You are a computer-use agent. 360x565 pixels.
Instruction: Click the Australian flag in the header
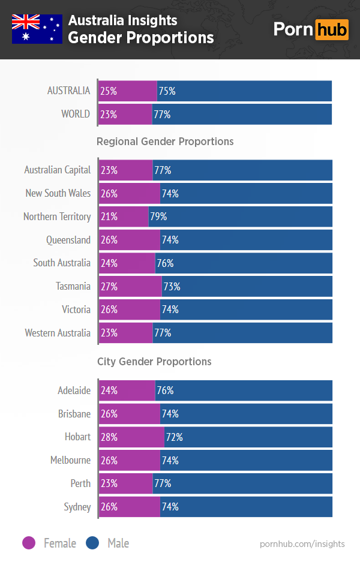[37, 29]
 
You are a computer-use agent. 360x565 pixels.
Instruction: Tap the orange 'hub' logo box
[332, 29]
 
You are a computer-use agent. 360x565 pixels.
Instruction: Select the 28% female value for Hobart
[109, 437]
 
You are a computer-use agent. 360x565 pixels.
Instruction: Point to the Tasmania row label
[73, 287]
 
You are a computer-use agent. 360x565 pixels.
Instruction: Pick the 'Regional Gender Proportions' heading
[165, 142]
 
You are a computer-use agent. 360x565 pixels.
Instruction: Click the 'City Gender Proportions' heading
[154, 362]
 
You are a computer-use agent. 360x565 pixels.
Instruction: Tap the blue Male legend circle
[93, 543]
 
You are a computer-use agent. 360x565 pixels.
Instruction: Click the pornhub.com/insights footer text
[302, 543]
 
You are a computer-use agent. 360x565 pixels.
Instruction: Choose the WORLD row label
[76, 114]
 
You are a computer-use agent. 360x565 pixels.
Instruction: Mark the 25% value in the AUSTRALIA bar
[109, 91]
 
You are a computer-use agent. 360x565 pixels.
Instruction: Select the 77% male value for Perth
[163, 483]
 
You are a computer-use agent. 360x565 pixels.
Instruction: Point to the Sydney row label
[77, 507]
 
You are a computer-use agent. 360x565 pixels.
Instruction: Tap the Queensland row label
[68, 240]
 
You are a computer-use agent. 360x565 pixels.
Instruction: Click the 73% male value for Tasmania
[172, 287]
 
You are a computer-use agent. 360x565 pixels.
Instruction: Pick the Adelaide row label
[74, 390]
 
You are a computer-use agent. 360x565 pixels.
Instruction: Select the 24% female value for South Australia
[109, 263]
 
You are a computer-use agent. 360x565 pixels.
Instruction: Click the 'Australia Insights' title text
[122, 20]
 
